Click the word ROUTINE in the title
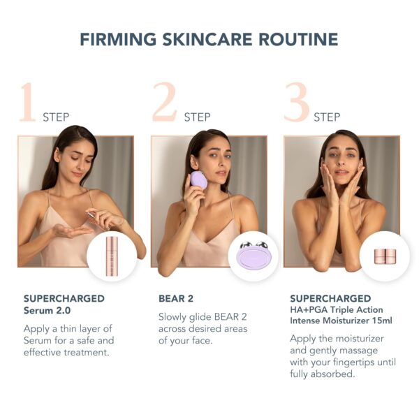tap(302, 39)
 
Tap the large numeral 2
tap(165, 103)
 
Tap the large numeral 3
tap(297, 103)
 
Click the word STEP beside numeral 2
tap(198, 117)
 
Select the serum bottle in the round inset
tap(111, 256)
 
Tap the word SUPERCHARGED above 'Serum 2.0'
tap(64, 299)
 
